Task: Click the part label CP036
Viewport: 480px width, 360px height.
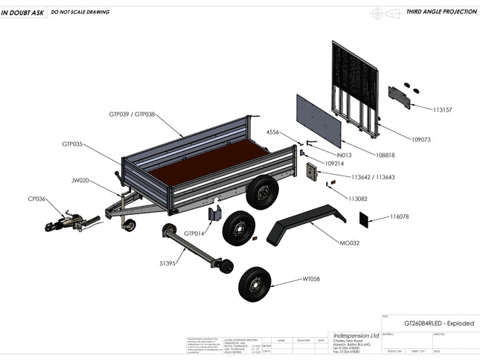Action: [36, 199]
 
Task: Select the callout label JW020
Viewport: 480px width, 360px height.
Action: [80, 180]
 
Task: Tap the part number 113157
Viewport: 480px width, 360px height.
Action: [443, 109]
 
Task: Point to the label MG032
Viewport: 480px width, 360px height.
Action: [350, 243]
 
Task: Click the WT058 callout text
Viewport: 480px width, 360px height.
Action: [310, 279]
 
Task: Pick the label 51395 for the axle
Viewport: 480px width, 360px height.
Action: [168, 263]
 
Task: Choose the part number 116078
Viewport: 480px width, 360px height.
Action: [400, 216]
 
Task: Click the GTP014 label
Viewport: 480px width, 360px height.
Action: [196, 234]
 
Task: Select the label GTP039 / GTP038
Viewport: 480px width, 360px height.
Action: [132, 115]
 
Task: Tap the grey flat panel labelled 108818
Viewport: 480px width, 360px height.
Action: [319, 119]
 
